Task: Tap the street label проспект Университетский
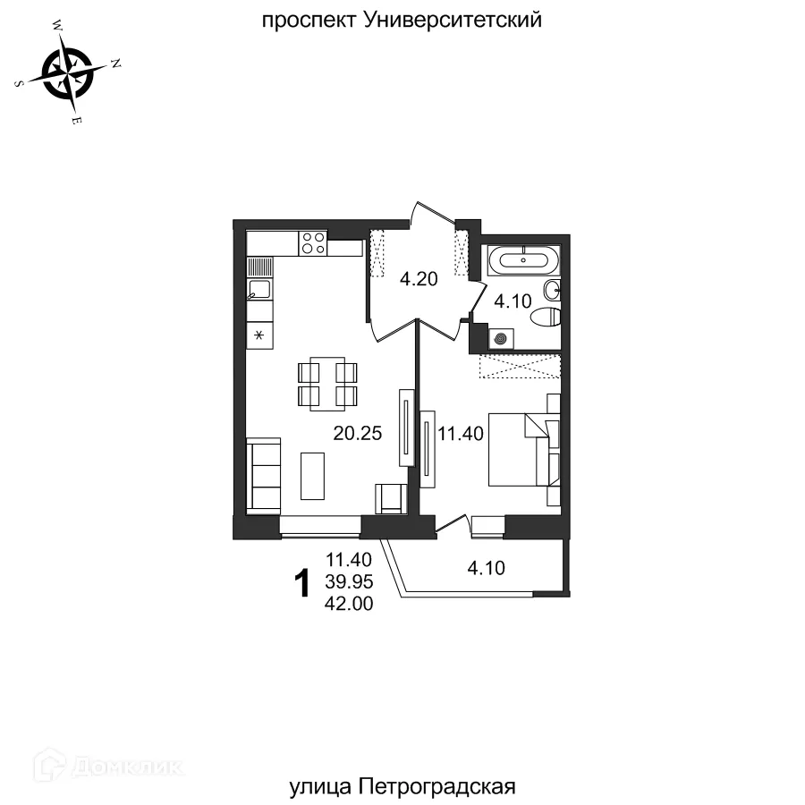click(402, 20)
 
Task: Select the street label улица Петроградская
click(403, 786)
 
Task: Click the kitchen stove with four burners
click(313, 242)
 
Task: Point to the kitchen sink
click(260, 289)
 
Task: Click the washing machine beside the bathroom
click(501, 338)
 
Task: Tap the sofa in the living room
click(264, 475)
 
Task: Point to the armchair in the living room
click(390, 497)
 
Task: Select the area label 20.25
click(358, 434)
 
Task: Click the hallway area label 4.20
click(419, 279)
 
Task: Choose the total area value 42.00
click(350, 604)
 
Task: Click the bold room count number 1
click(302, 584)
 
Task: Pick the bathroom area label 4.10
click(513, 301)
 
